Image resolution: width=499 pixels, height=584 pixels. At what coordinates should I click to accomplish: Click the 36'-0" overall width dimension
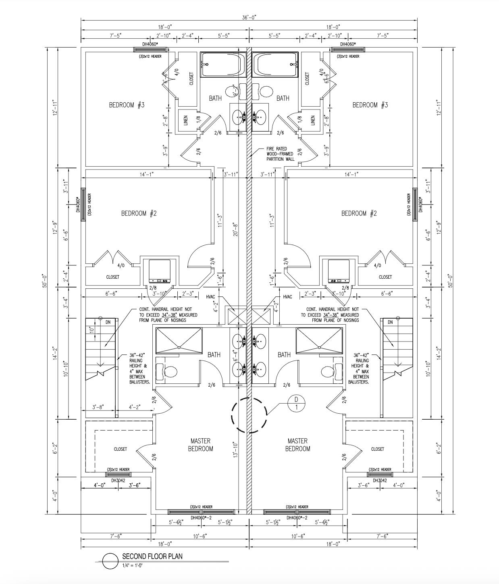pos(249,17)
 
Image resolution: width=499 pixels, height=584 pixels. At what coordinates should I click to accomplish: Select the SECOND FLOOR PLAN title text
pos(152,556)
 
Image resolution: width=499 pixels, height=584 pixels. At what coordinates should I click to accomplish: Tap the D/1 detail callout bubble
pos(296,403)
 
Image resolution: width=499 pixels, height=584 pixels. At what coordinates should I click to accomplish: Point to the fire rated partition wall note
pos(280,154)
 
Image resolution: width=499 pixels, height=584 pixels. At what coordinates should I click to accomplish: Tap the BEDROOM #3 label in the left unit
pos(127,105)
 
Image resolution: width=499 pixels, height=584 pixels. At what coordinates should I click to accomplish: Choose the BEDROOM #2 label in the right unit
pos(359,213)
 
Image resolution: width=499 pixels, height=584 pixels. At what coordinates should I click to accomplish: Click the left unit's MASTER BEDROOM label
pos(200,445)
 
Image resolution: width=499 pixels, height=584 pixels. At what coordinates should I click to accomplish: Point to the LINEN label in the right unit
pos(313,120)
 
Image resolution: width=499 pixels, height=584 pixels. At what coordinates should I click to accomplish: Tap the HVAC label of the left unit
pos(210,297)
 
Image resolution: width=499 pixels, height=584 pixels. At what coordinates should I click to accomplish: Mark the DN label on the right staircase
pos(390,322)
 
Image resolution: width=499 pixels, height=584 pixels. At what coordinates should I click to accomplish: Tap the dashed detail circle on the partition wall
pos(249,415)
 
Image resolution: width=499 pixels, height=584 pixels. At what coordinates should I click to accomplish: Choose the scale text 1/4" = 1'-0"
pos(133,565)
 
